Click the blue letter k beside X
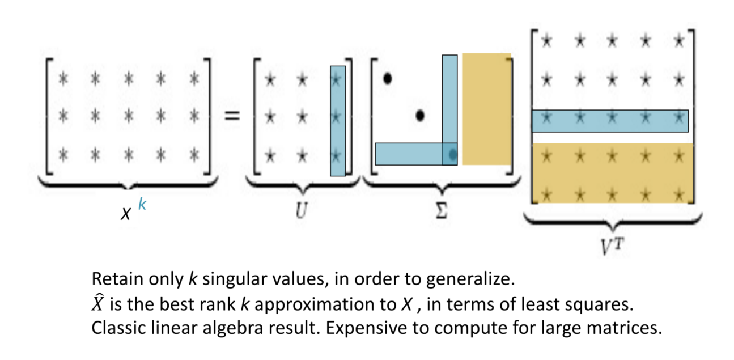tap(142, 204)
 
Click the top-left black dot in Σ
tap(388, 79)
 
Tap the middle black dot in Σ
tap(420, 116)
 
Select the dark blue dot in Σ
tap(452, 154)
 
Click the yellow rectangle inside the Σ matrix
tap(486, 109)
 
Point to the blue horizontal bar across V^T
tap(610, 121)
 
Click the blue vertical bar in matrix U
tap(338, 121)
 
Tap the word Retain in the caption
tap(110, 279)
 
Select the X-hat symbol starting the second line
tap(97, 304)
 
